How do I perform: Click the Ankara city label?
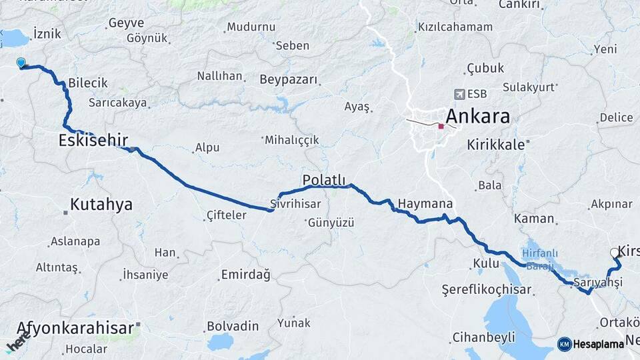click(x=477, y=117)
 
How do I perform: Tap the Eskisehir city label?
click(x=93, y=140)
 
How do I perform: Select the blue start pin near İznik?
click(x=21, y=63)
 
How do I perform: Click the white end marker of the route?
click(x=614, y=253)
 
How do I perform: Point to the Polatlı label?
click(x=324, y=180)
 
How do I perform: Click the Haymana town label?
click(x=425, y=203)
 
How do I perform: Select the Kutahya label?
click(x=101, y=205)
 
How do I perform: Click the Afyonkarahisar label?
click(x=75, y=328)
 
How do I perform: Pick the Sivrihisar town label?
click(x=295, y=203)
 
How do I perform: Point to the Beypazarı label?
click(x=289, y=79)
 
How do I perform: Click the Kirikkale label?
click(x=494, y=143)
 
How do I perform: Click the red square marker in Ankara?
click(x=441, y=126)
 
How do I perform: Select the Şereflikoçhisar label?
click(x=487, y=289)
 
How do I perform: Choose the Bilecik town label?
click(x=87, y=83)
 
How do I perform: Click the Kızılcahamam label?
click(x=455, y=27)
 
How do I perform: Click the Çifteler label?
click(x=227, y=215)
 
